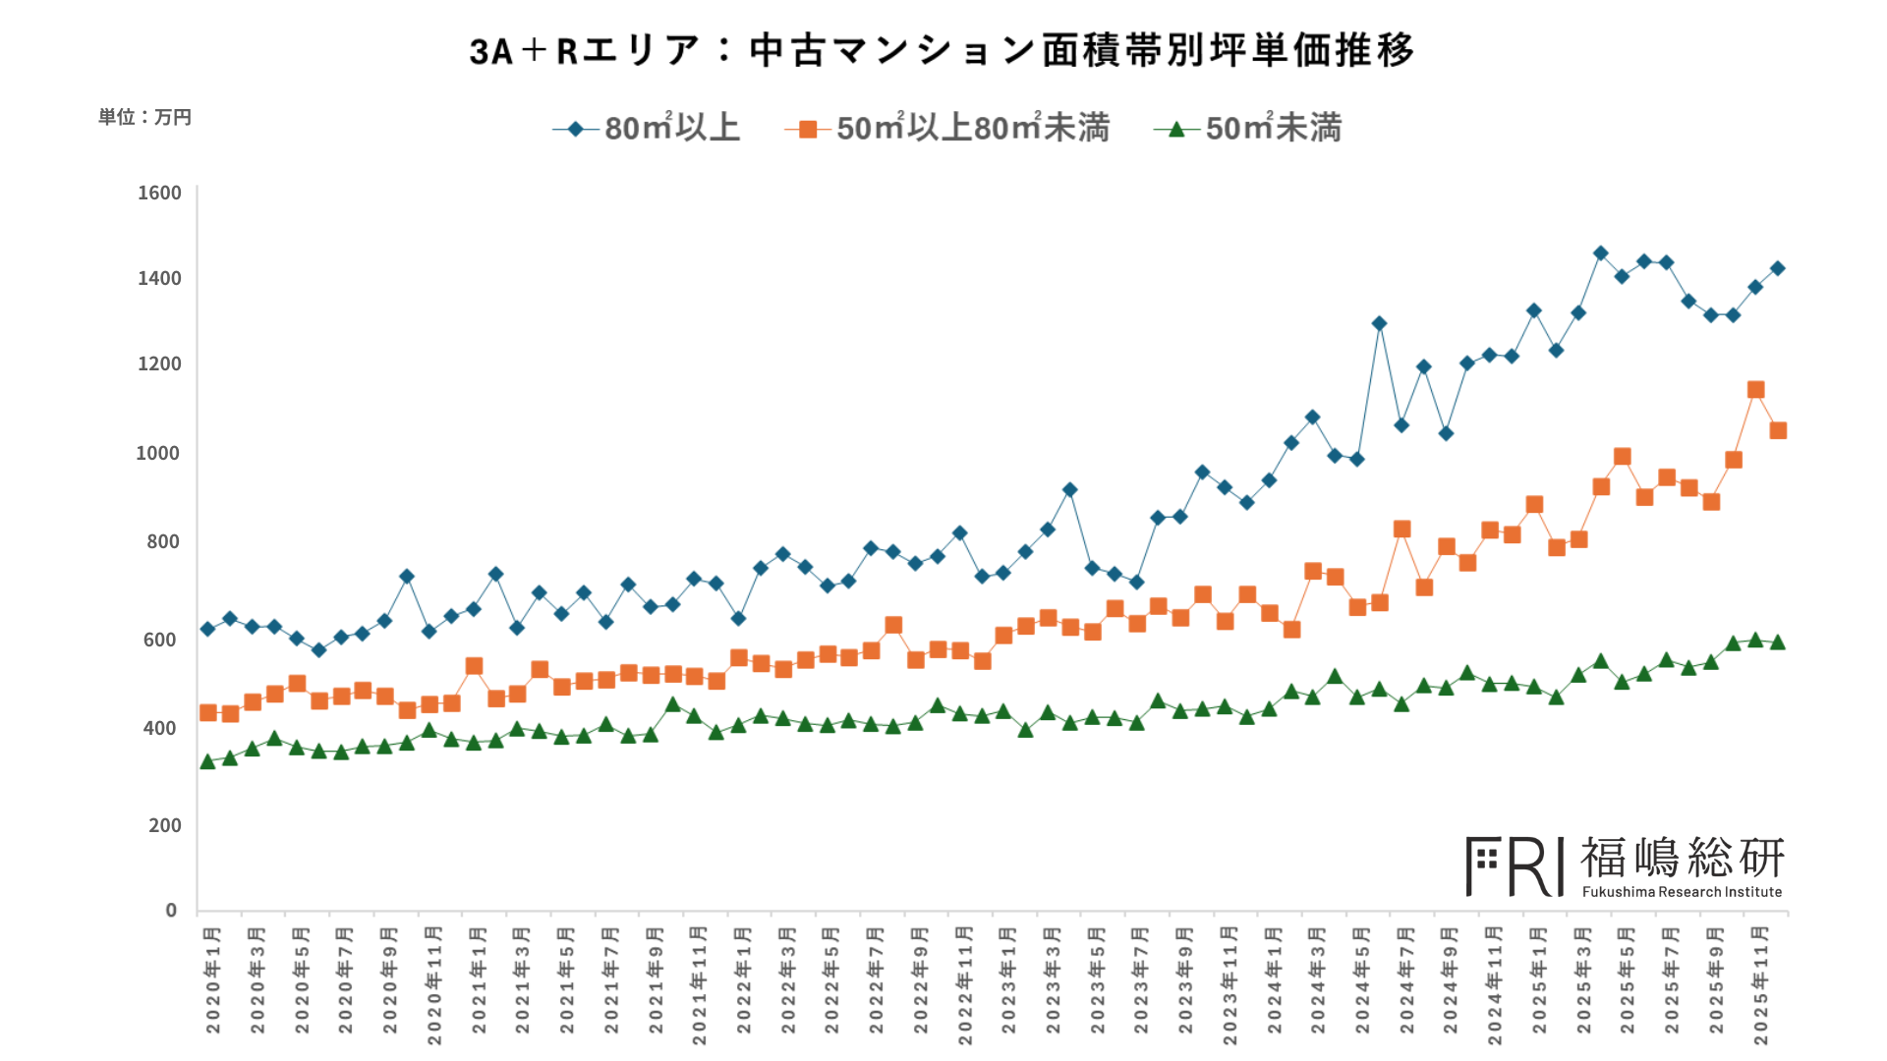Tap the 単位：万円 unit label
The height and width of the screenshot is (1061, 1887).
coord(144,117)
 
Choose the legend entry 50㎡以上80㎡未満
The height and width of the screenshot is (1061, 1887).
coord(947,129)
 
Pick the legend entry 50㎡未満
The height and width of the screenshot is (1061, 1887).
coord(1248,129)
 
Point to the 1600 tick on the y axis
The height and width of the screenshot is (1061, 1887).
coord(159,193)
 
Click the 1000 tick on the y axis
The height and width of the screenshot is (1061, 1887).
coord(158,453)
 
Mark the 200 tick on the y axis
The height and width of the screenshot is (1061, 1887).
coord(165,825)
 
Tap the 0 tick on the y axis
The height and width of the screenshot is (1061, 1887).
coord(171,910)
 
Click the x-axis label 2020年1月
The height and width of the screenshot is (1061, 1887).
coord(213,979)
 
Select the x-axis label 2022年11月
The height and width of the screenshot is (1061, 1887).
coord(965,984)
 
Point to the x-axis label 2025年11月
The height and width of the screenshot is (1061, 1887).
coord(1761,984)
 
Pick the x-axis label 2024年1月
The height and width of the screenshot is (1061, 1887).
coord(1275,979)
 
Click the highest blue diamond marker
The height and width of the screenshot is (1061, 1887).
coord(1600,253)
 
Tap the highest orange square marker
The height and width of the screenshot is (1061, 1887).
coord(1756,390)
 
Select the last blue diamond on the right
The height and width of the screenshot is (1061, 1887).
coord(1778,268)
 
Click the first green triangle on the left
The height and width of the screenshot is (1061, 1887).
coord(207,761)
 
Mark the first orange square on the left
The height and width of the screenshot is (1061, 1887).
coord(207,712)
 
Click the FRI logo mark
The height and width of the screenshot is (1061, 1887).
coord(1515,866)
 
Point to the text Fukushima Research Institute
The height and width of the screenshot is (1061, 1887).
coord(1682,892)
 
